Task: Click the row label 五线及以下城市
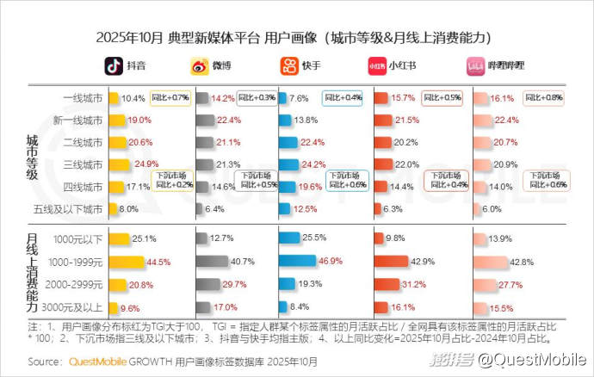(76, 209)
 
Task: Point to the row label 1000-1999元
(78, 261)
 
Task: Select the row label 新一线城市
(77, 120)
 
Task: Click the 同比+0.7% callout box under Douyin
(170, 98)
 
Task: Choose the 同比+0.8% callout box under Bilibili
(544, 98)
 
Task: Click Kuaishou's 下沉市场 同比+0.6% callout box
(347, 179)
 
